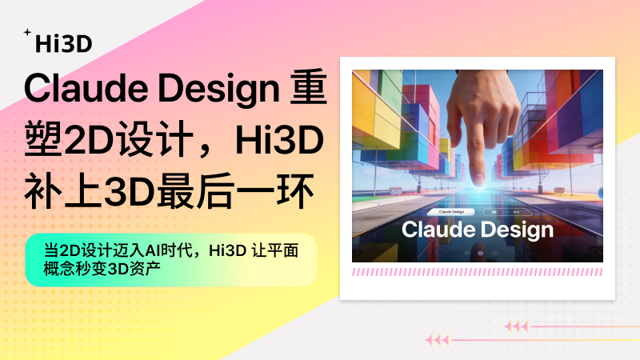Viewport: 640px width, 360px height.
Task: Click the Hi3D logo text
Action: pos(64,44)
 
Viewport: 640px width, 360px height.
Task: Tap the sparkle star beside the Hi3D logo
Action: pos(27,33)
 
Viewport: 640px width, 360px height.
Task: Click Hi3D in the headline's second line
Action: pos(279,140)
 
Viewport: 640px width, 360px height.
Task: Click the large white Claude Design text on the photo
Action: pos(478,230)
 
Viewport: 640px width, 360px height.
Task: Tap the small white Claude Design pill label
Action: pos(453,212)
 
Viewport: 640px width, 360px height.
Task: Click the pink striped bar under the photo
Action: pos(478,272)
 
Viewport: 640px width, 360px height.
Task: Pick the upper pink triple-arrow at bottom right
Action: pos(517,326)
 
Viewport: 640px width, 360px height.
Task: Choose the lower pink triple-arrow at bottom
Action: pos(437,340)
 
